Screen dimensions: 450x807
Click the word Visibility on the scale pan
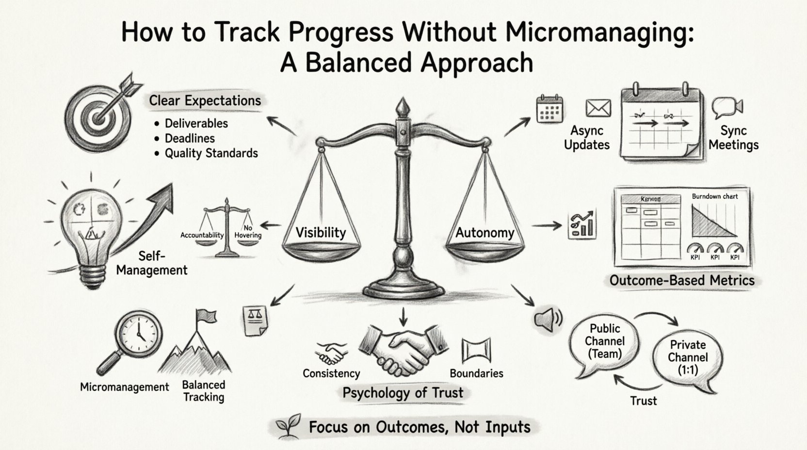coord(321,232)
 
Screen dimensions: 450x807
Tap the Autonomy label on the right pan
coord(484,233)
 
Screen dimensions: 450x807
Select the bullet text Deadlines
coord(190,138)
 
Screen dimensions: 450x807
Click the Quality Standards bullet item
coord(211,153)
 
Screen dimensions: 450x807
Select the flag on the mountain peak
coord(206,317)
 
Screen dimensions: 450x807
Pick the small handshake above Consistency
coord(331,353)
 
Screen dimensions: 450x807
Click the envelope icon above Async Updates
coord(598,108)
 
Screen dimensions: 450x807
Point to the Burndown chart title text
coord(714,196)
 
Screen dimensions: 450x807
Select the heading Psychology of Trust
coord(403,392)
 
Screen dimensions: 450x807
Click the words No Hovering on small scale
coord(248,232)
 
